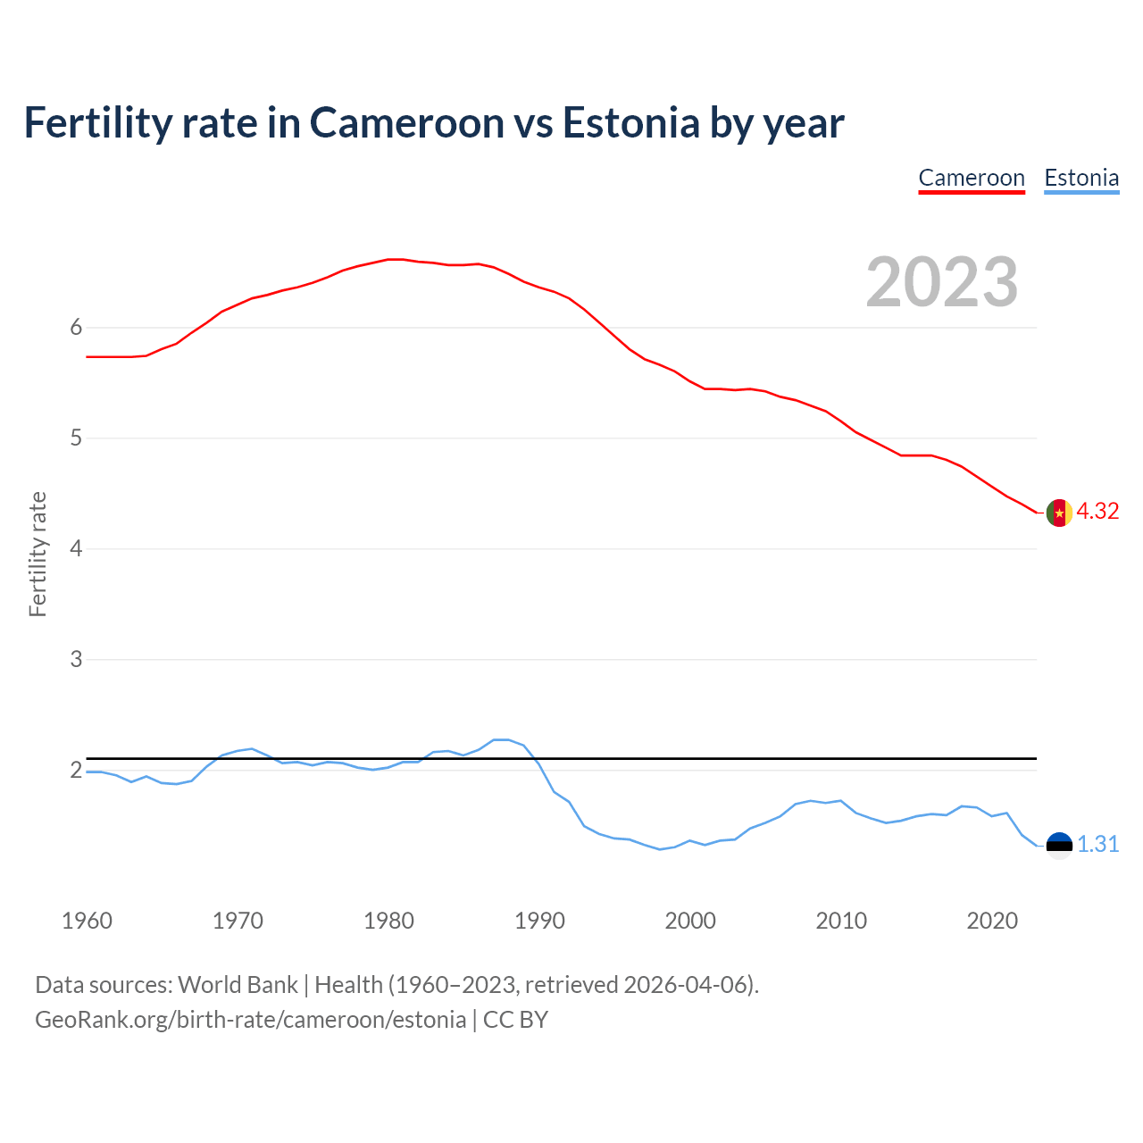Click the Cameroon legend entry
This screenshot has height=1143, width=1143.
point(972,178)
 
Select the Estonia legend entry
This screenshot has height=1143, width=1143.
point(1081,178)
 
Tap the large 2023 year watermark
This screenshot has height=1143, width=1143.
point(942,282)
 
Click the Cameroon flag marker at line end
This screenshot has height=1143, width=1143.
point(1058,513)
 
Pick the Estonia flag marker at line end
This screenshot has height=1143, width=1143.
point(1058,845)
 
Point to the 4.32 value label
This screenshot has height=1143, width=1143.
point(1097,511)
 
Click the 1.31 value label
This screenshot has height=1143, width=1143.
point(1097,844)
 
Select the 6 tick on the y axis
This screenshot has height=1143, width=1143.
point(76,327)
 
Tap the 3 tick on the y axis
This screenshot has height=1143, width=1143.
point(76,659)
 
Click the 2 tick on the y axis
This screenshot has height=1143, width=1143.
point(76,770)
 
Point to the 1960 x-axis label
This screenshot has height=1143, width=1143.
point(87,921)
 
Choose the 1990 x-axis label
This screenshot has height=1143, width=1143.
point(539,921)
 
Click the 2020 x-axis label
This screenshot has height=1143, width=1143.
point(992,921)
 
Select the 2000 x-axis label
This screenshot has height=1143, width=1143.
point(690,921)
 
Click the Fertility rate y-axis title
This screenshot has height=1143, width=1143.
point(38,554)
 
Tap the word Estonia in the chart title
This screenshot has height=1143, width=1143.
point(630,122)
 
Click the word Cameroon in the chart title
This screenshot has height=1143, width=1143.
point(407,122)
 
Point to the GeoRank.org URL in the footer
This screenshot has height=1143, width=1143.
point(250,1019)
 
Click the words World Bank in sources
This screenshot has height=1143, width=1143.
point(238,984)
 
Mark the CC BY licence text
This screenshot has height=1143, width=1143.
point(515,1019)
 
